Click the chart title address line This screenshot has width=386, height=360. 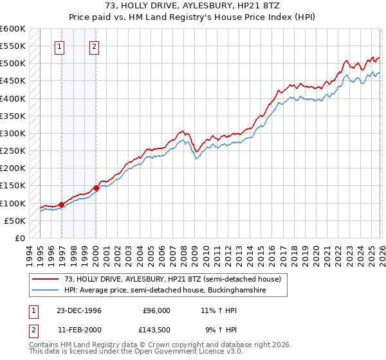click(x=192, y=6)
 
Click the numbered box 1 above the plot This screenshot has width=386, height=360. click(x=59, y=46)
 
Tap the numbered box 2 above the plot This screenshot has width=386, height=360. click(x=94, y=46)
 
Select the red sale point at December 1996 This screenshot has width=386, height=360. click(x=62, y=205)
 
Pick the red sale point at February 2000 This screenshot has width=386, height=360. click(x=96, y=188)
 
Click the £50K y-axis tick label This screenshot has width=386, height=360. click(x=15, y=221)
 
